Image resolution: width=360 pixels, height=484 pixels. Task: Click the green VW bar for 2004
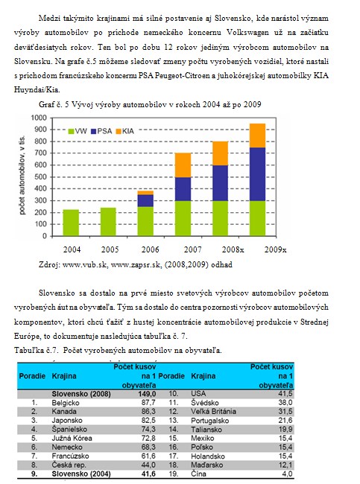[71, 223]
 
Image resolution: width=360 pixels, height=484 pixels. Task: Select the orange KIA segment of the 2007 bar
[183, 165]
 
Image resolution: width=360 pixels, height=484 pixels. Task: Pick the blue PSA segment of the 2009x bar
[257, 174]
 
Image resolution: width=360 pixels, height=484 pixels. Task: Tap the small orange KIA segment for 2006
[145, 193]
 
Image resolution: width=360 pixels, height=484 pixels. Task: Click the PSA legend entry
[101, 131]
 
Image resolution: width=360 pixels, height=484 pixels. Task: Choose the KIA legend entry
[124, 131]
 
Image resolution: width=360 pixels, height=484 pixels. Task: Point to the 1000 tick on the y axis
[39, 118]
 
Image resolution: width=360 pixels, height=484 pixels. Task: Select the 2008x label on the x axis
[233, 249]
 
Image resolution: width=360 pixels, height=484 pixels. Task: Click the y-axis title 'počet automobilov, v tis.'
[22, 175]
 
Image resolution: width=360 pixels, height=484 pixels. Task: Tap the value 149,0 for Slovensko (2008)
[147, 394]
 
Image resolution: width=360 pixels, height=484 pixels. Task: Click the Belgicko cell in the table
[66, 403]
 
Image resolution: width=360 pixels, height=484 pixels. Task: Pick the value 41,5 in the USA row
[285, 394]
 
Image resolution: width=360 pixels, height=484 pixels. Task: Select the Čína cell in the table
[198, 474]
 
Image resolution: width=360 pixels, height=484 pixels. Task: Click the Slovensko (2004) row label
[81, 474]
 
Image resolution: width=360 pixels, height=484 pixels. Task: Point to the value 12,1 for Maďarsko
[285, 465]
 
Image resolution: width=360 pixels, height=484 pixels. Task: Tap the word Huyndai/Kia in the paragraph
[37, 90]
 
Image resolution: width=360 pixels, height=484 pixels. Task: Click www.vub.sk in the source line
[85, 264]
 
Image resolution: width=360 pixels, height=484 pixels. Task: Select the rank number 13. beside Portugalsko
[174, 421]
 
